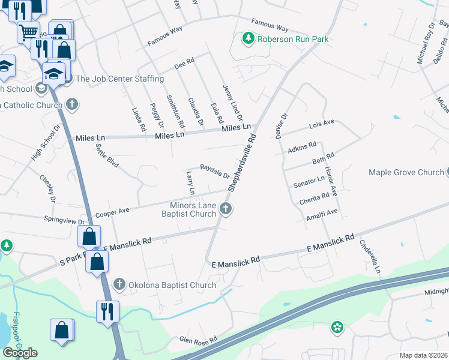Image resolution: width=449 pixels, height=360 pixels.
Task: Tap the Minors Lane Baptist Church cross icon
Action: click(x=226, y=209)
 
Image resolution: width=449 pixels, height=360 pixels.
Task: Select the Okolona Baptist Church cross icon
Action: click(x=119, y=284)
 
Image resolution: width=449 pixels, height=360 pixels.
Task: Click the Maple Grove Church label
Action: click(x=406, y=173)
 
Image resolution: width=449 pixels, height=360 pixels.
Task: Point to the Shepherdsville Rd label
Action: click(x=243, y=162)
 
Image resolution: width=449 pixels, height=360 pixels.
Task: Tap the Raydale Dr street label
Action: click(x=214, y=171)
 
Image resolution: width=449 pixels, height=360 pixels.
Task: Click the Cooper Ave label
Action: click(x=112, y=212)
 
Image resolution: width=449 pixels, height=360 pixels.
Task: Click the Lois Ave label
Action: click(x=321, y=125)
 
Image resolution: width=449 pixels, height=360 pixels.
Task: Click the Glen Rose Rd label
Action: click(x=198, y=340)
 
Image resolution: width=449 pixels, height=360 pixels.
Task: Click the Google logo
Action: click(x=20, y=352)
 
